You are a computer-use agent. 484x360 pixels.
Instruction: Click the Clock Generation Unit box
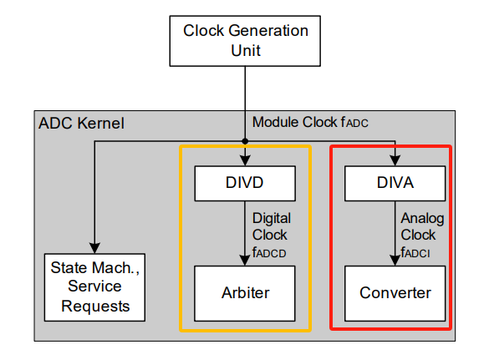coord(245,39)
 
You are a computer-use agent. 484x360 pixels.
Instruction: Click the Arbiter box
coord(244,293)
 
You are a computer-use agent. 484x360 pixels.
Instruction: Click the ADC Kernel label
coord(81,124)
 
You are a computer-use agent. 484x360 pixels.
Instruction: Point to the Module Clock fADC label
coord(309,123)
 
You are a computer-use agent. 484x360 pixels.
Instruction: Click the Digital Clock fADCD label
coord(273,233)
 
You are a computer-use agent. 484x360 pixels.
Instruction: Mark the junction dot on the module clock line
coord(245,140)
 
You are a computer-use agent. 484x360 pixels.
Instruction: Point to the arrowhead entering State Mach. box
coord(95,248)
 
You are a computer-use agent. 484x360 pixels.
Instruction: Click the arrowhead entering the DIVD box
coord(244,161)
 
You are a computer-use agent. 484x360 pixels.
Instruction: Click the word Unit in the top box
coord(245,50)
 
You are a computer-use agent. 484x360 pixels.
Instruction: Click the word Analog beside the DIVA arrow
coord(423,218)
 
